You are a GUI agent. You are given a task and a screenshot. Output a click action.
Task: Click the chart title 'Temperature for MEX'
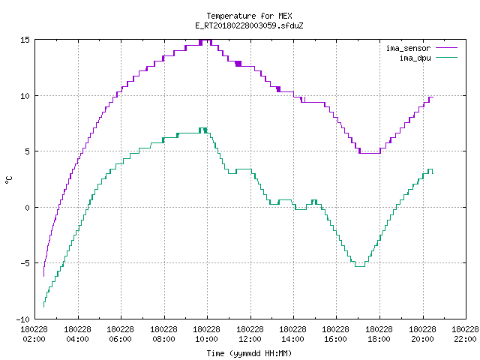point(249,16)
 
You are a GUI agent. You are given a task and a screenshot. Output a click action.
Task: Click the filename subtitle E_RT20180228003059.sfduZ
point(249,25)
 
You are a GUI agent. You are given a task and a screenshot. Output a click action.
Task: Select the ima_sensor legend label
point(408,48)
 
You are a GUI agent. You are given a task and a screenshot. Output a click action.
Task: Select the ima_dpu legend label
point(415,58)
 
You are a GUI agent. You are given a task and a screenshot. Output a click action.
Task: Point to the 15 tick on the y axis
point(25,40)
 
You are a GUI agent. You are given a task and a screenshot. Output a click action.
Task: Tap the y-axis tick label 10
point(25,96)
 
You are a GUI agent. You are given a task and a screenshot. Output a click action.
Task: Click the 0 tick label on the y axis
point(28,208)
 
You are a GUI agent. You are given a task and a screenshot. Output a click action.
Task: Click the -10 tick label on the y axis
point(23,319)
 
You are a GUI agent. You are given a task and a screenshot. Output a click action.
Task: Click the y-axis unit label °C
point(8,180)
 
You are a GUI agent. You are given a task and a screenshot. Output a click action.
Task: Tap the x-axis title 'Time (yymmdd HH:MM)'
point(249,353)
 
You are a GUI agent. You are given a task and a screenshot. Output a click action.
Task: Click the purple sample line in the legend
point(447,48)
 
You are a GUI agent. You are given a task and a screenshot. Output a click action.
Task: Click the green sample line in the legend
point(447,57)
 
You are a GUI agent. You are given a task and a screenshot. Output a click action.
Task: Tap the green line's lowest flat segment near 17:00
point(360,267)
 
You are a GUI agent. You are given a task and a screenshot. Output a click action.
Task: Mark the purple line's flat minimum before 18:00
point(370,153)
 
